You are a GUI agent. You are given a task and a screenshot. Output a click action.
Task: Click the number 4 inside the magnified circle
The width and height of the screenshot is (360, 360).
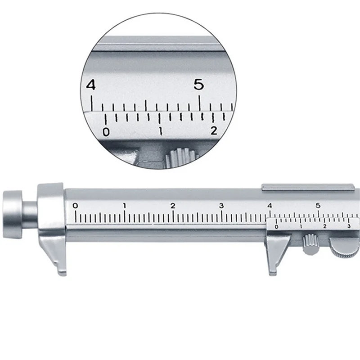coord(91,85)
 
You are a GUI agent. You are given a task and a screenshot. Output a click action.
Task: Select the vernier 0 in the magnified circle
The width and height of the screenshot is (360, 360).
coord(106,132)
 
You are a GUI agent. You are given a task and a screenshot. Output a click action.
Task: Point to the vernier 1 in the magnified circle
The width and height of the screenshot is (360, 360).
coord(161,132)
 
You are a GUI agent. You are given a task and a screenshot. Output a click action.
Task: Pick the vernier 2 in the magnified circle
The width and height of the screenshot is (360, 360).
coord(214,131)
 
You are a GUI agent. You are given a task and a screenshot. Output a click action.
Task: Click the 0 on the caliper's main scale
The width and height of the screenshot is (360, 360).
coord(75,206)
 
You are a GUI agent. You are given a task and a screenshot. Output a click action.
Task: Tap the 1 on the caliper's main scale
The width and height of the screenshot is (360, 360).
coord(125,206)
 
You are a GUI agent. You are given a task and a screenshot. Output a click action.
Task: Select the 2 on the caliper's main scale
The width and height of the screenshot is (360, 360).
coord(173,206)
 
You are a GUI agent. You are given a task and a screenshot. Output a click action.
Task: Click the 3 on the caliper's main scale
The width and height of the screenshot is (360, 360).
coord(221,206)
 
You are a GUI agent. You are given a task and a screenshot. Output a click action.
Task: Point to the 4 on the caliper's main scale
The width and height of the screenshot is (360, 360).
coord(270,206)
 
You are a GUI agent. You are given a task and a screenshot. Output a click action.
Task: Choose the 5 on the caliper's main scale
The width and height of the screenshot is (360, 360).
coord(318,206)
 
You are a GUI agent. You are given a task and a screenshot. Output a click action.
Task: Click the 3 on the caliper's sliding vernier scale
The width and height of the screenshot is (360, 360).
coord(349,226)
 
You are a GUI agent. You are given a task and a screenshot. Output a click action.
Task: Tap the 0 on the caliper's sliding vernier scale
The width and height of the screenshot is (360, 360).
coord(276,227)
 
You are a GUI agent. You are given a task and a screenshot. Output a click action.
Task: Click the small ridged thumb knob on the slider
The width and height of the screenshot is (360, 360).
coord(310,244)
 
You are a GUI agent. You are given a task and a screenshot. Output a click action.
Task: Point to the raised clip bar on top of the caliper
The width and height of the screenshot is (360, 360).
coord(308,185)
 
